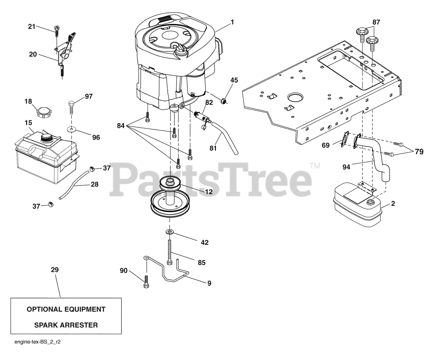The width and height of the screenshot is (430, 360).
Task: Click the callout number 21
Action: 32,27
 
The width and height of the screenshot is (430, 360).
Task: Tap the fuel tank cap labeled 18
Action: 44,112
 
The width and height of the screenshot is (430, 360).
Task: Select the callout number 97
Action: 89,96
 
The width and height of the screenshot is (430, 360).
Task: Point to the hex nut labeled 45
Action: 224,101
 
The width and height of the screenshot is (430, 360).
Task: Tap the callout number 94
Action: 346,167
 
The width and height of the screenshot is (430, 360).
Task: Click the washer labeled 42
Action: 169,232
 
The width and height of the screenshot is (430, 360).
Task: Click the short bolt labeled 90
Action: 146,281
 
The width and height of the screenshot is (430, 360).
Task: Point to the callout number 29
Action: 55,270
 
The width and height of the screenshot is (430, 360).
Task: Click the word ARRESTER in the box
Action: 80,325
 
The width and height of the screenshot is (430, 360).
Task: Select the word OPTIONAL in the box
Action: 44,309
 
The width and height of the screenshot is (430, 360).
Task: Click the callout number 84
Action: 121,126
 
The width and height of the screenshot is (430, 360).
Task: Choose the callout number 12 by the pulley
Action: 209,192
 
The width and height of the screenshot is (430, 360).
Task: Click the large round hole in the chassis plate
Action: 296,97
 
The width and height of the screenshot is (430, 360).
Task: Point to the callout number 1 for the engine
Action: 232,22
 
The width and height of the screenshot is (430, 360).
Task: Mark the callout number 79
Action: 419,152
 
